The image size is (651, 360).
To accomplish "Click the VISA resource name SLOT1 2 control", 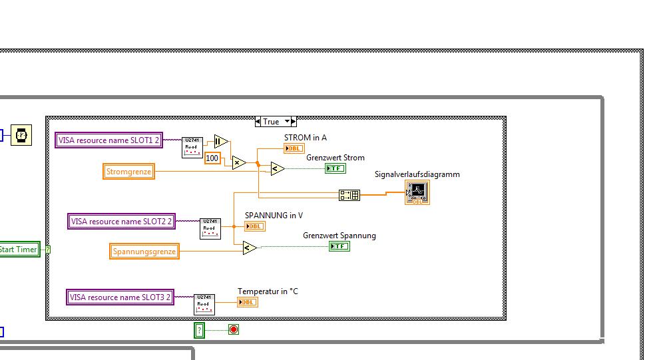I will click(108, 140).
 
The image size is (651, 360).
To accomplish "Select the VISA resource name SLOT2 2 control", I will click(122, 222).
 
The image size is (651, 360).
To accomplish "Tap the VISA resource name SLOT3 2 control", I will click(120, 297).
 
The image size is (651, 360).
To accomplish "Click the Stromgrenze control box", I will click(129, 172).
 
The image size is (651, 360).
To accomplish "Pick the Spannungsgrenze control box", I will click(144, 252).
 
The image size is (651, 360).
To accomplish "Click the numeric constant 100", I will click(212, 158).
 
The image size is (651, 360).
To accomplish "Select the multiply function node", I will click(239, 162).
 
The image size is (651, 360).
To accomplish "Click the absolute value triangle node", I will click(221, 141).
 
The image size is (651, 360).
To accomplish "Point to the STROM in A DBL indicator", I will click(294, 148).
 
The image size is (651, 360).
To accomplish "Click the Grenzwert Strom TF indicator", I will click(335, 168).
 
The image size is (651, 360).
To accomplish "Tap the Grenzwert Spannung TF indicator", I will click(339, 246).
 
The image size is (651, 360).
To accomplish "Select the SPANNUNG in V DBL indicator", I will click(255, 226).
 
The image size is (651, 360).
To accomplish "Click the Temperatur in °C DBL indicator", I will click(248, 302).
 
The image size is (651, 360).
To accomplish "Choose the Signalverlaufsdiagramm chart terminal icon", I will click(417, 193).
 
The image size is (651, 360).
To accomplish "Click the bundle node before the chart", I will click(349, 195).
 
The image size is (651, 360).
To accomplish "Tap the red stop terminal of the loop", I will click(233, 329).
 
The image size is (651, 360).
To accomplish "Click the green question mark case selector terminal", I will click(199, 330).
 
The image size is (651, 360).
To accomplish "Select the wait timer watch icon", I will click(21, 135).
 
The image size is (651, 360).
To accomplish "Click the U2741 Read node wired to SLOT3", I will click(204, 304).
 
